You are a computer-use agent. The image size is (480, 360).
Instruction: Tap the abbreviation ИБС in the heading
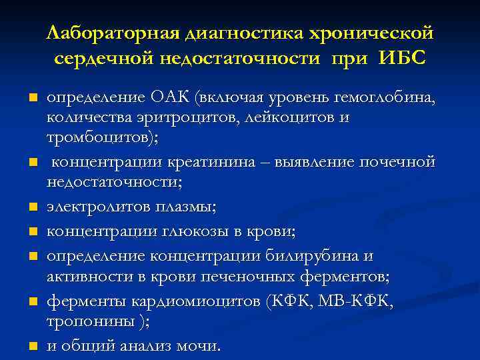click(403, 58)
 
